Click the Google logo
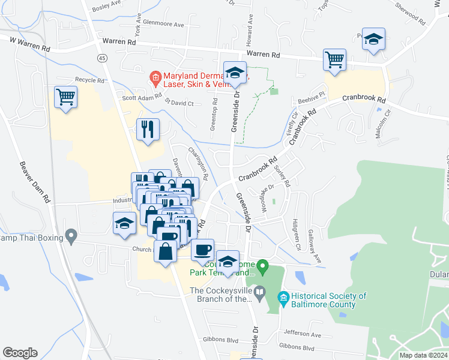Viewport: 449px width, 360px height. point(20,353)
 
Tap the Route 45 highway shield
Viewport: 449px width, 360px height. point(103,58)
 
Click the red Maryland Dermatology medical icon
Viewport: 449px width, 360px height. point(155,77)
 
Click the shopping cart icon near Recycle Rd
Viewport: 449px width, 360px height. point(66,97)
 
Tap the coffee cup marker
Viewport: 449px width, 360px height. point(203,248)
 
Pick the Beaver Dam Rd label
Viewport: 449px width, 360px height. point(34,182)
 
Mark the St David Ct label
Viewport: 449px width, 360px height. point(178,103)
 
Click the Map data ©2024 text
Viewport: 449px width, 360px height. point(422,355)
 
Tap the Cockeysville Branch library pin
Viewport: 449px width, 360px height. point(259,293)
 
